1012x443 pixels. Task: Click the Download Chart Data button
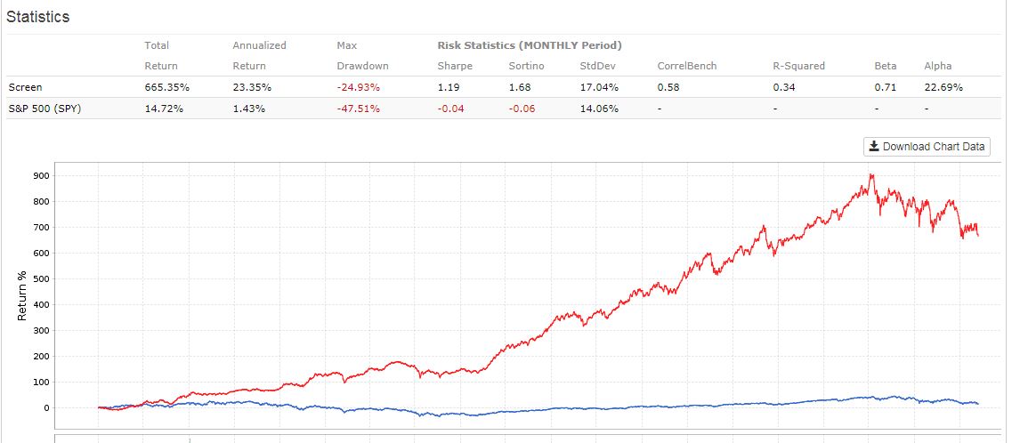927,147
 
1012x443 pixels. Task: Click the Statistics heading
38,17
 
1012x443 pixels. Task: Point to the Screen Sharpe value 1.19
448,87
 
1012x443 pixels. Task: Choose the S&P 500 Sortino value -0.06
522,109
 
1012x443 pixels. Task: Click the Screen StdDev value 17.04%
599,87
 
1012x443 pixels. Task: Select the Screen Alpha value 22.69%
943,87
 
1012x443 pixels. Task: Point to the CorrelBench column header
686,66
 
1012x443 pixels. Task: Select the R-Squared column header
798,66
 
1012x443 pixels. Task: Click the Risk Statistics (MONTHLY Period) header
529,45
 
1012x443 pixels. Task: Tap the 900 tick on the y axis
38,175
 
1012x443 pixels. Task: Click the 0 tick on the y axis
45,408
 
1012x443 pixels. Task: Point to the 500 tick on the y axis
38,279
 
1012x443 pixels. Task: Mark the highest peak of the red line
871,174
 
